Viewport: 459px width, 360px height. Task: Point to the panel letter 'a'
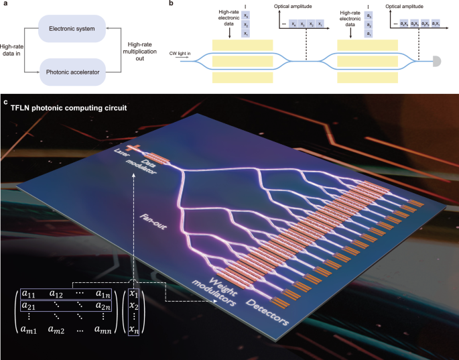tap(5, 4)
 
